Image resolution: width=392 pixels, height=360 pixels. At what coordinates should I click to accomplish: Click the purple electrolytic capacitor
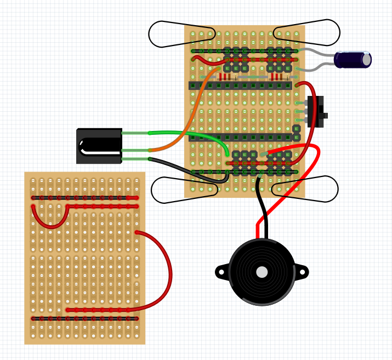pyautogui.click(x=351, y=60)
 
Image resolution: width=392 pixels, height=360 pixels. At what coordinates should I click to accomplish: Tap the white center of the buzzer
pyautogui.click(x=262, y=272)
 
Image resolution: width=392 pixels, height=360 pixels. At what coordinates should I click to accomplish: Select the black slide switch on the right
pyautogui.click(x=316, y=112)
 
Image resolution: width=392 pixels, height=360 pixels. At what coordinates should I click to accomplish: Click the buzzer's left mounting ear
pyautogui.click(x=221, y=271)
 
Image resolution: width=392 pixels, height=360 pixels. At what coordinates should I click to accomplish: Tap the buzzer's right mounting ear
pyautogui.click(x=302, y=271)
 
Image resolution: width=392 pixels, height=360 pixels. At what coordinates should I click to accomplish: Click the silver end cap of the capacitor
pyautogui.click(x=366, y=60)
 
